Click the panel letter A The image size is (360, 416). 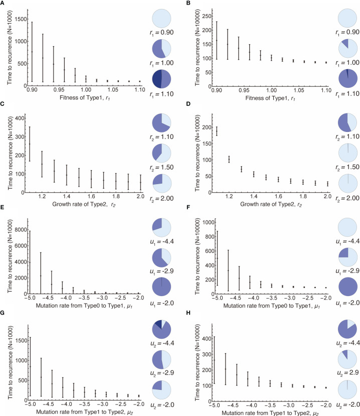(5, 4)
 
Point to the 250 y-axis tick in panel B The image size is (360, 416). (200, 10)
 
